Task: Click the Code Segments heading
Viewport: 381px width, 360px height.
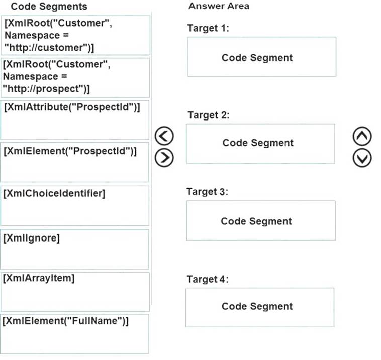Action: pos(49,7)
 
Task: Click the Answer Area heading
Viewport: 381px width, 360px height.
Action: pos(219,6)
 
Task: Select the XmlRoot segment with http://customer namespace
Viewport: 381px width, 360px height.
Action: pos(75,35)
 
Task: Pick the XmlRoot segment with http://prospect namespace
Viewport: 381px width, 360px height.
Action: pos(75,78)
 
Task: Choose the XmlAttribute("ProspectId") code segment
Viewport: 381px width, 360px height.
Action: pos(75,120)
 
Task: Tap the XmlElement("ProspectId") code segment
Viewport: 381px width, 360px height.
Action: pos(74,162)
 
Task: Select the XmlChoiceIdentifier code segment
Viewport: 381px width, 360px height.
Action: pos(74,206)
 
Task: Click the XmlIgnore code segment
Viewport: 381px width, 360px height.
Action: pos(74,249)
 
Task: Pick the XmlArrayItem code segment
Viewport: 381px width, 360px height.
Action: pos(75,292)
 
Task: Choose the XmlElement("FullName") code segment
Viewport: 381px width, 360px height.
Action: pos(74,334)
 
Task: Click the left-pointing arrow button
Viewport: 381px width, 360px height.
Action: pos(164,136)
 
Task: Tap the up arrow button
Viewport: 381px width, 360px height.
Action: pos(362,136)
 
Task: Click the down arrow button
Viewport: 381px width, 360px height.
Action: pos(362,158)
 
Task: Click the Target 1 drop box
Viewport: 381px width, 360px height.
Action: pos(262,57)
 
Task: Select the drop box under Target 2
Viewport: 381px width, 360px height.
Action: pos(260,144)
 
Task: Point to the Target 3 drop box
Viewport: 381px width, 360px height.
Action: pos(261,220)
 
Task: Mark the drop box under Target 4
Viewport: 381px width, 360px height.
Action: pos(260,308)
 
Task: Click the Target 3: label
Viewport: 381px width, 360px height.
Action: pos(208,192)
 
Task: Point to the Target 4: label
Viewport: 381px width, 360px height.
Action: pos(208,279)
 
